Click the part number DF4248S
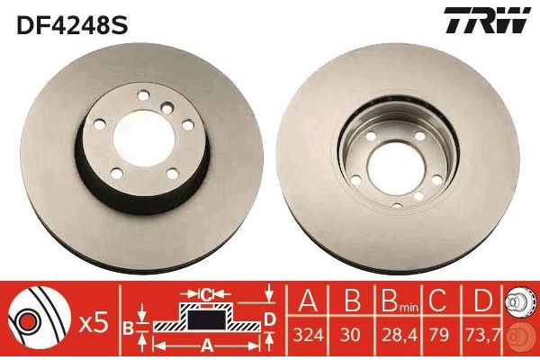click(72, 25)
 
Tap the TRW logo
click(487, 20)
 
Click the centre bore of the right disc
click(397, 167)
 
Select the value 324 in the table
click(308, 335)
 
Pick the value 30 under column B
click(352, 335)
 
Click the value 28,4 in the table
click(398, 335)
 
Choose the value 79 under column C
click(439, 335)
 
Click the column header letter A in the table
click(308, 301)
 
